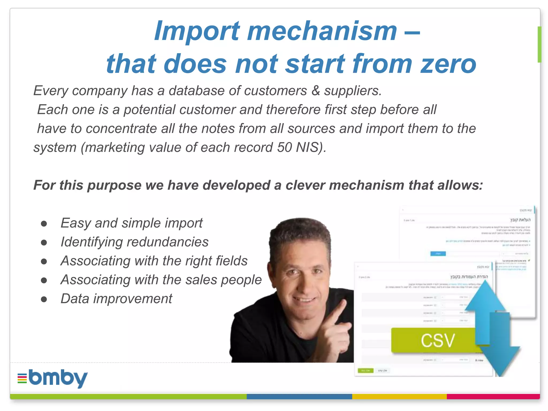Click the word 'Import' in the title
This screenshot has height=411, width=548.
pyautogui.click(x=197, y=32)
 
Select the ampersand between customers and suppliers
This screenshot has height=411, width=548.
pyautogui.click(x=316, y=91)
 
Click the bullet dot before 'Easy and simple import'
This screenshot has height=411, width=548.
pyautogui.click(x=44, y=224)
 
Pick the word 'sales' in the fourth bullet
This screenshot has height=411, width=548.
pyautogui.click(x=201, y=280)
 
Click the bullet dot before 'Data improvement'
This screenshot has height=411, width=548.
pyautogui.click(x=44, y=299)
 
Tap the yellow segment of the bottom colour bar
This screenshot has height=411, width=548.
pyautogui.click(x=399, y=396)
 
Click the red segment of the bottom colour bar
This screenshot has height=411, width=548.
pyautogui.click(x=493, y=396)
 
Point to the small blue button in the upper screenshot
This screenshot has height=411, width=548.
pyautogui.click(x=438, y=253)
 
